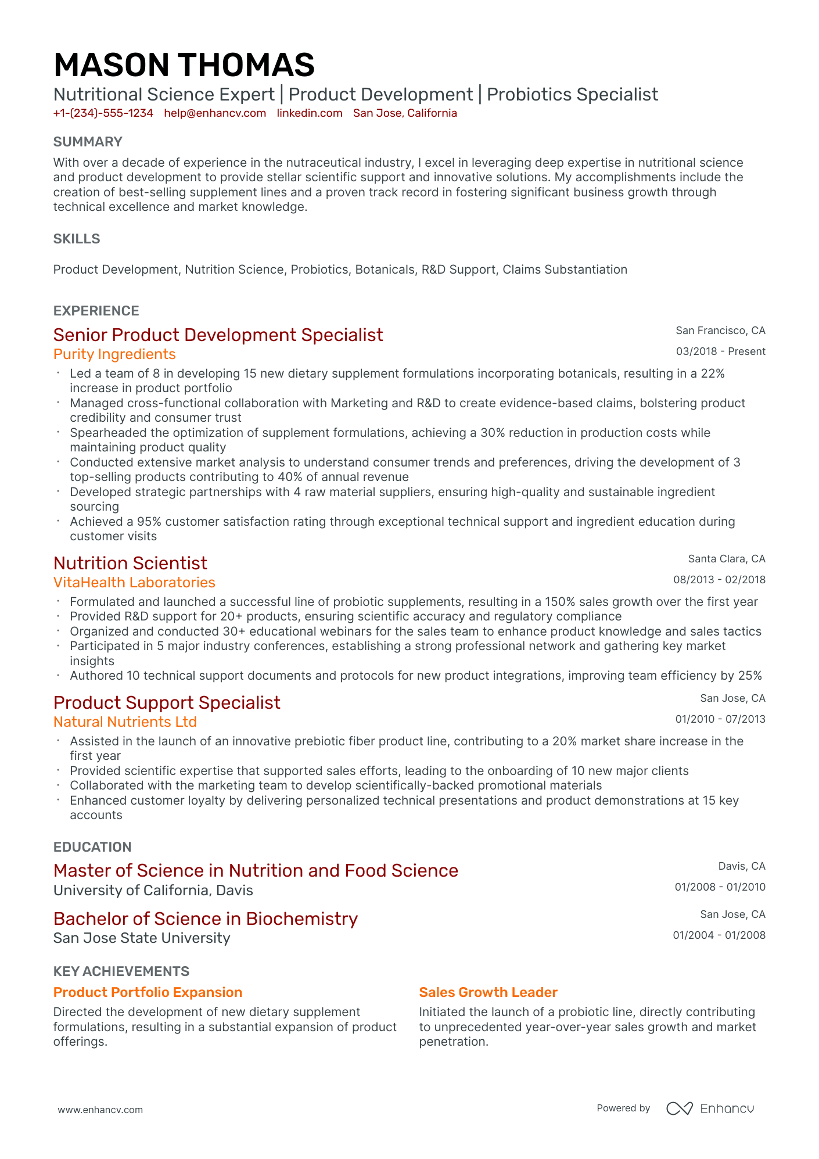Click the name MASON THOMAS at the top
click(184, 64)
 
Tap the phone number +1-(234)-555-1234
click(103, 113)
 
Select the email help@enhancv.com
click(215, 113)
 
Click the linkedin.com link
click(310, 113)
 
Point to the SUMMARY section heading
click(88, 142)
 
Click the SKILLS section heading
click(77, 239)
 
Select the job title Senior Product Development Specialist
click(218, 335)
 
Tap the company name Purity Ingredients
click(114, 354)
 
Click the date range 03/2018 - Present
click(720, 351)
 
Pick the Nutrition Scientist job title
click(130, 563)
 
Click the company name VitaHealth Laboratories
click(134, 583)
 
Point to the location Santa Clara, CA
click(727, 559)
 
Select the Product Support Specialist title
click(167, 702)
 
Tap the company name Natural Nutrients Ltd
click(125, 722)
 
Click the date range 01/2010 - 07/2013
click(720, 719)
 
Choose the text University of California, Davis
click(153, 891)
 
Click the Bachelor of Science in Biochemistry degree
click(205, 918)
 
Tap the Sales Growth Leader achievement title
click(488, 992)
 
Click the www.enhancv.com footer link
click(100, 1110)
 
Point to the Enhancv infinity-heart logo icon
click(679, 1108)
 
